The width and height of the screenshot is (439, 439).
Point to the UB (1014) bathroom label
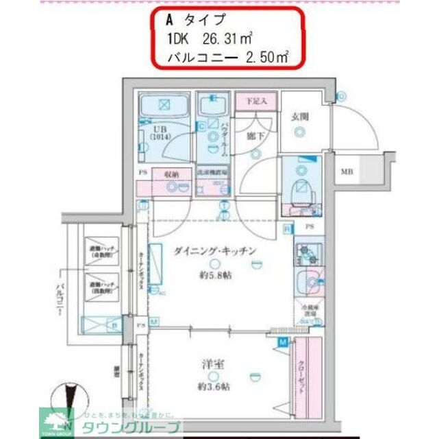[159, 132]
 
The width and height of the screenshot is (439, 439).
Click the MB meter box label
[348, 171]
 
